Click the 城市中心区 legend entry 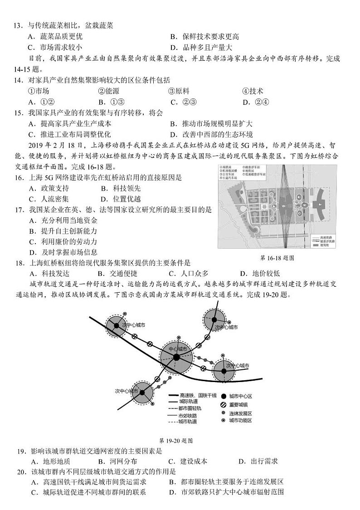(x=240, y=395)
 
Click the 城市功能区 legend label (x=240, y=421)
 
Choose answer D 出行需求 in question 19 (x=258, y=462)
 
